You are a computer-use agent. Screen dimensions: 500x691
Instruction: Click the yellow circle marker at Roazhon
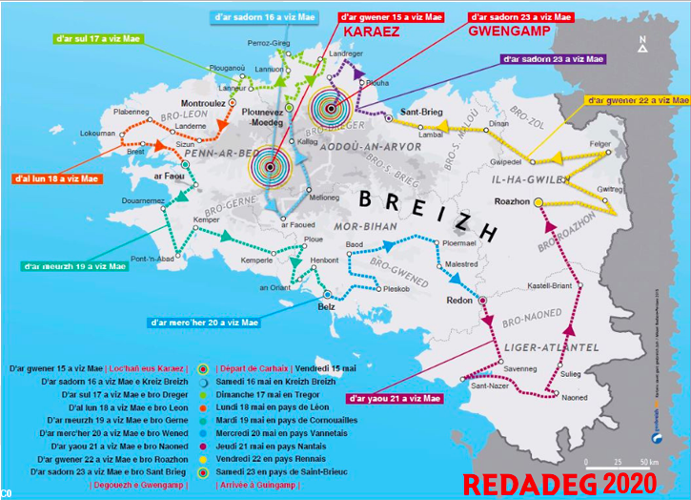click(539, 202)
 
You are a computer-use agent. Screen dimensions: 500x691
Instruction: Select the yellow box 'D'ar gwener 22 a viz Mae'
click(636, 99)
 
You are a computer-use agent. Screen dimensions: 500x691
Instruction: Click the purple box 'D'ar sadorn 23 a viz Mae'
click(553, 59)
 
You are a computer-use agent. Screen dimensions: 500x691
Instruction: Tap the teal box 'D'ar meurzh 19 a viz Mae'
click(74, 266)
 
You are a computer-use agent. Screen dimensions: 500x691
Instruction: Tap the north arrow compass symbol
click(644, 44)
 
